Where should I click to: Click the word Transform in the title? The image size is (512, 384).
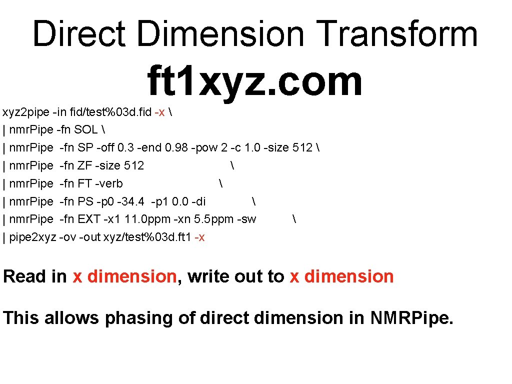point(397,34)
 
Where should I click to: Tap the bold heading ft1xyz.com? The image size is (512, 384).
point(254,81)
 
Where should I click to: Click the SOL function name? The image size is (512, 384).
point(85,130)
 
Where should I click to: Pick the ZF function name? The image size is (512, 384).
point(84,165)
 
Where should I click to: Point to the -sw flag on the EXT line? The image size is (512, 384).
point(246,219)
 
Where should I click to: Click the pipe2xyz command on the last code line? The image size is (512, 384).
point(33,237)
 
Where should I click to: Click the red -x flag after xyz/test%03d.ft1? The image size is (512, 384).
point(199,237)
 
